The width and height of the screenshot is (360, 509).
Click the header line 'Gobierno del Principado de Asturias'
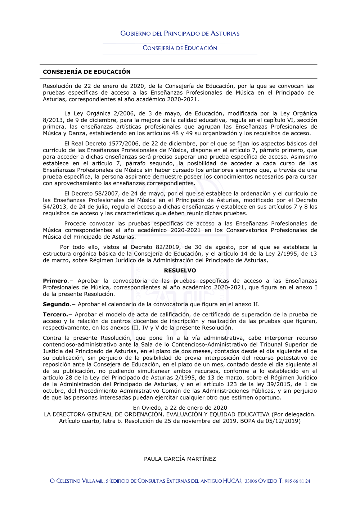coord(180,33)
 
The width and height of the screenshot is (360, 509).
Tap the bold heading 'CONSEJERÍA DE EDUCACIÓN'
coord(87,72)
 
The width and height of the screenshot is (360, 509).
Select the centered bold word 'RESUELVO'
coord(180,270)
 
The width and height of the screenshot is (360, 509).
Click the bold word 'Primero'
coord(55,281)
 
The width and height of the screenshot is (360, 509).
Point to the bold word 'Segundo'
coord(56,304)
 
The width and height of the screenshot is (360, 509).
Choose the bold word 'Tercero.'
coord(55,315)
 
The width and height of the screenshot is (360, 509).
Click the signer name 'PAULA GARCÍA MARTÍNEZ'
coord(180,459)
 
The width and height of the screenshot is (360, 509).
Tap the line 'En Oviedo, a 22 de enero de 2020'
coord(180,408)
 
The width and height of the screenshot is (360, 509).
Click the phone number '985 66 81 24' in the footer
coord(297,481)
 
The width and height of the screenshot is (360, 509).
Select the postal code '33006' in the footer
coord(251,481)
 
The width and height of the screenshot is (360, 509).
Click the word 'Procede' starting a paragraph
coord(76,224)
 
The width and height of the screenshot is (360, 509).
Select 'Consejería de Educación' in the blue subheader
coord(180,48)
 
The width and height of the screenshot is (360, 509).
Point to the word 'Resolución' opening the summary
coord(57,86)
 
